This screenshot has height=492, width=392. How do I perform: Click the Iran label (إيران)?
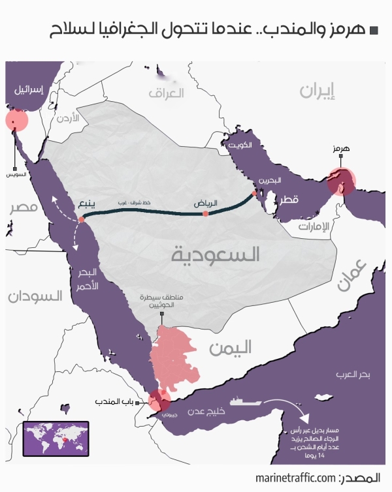(321, 91)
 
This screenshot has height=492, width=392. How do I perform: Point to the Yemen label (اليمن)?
(230, 348)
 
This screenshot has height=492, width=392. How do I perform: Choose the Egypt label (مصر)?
(23, 208)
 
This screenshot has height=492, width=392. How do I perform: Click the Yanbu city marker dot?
(81, 220)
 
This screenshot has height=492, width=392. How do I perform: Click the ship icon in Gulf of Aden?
(241, 403)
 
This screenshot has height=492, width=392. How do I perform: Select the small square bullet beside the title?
(374, 30)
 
